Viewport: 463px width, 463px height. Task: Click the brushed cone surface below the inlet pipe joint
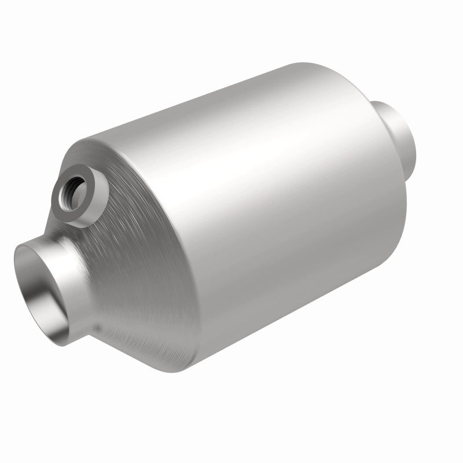pyautogui.click(x=133, y=336)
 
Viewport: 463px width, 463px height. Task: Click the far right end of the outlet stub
pyautogui.click(x=416, y=139)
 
